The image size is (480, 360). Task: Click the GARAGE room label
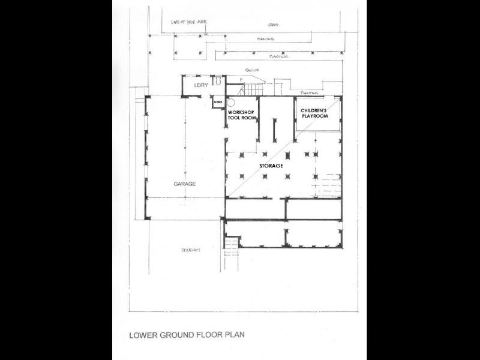tap(185, 184)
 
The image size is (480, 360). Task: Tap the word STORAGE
tap(271, 165)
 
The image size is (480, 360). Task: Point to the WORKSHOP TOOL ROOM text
tap(241, 116)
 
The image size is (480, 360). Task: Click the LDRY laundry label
tap(200, 86)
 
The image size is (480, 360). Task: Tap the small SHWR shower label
tap(218, 103)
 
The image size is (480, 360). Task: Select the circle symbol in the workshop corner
tap(230, 103)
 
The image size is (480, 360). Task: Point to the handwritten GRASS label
tap(274, 25)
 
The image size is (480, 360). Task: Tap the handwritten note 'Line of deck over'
tap(188, 22)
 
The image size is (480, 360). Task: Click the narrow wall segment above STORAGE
tap(275, 129)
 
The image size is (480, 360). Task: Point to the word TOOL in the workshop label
tap(234, 119)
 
